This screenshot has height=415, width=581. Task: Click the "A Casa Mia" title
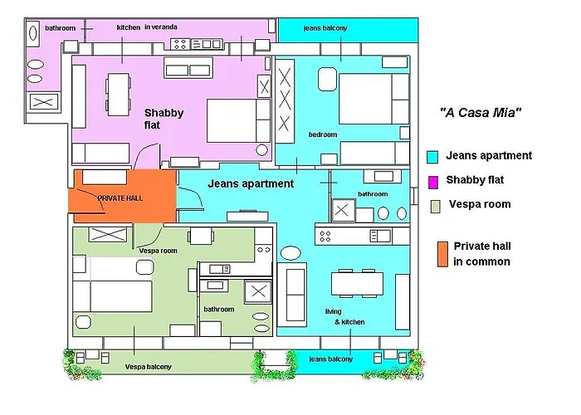point(481,112)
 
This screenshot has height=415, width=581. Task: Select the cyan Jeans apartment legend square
point(432,157)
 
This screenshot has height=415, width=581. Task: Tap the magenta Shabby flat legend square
point(432,182)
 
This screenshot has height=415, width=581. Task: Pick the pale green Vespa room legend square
point(436,207)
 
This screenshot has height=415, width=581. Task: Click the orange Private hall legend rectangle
point(442,254)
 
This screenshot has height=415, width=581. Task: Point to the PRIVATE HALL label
point(120,198)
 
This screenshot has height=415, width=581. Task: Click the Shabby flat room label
point(164,119)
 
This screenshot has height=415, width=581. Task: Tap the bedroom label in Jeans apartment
point(323,134)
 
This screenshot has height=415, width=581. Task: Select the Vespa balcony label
point(149,367)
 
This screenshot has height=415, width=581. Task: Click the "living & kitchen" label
point(344,317)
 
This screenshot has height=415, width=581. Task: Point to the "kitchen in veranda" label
point(147,27)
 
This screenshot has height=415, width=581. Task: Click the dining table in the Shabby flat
point(119,95)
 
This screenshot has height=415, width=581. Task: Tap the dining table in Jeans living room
point(357,284)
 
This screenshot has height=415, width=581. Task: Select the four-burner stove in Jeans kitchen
point(325,236)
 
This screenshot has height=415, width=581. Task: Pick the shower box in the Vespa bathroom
point(258,291)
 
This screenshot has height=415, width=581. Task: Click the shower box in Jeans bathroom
point(342,211)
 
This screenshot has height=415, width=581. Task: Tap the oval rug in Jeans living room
point(290,253)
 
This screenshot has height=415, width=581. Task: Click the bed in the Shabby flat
point(238,121)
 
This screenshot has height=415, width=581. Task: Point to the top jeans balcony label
point(325,28)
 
